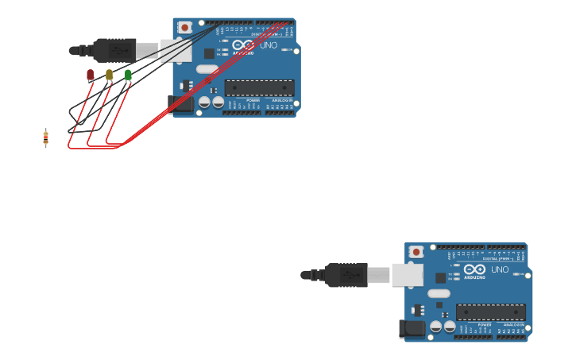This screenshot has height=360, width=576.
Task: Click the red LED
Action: [90, 75]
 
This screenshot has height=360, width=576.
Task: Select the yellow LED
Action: [109, 75]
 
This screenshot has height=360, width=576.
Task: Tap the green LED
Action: [128, 75]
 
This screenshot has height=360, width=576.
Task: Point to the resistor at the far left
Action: [45, 138]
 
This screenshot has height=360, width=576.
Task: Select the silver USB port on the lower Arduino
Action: [407, 275]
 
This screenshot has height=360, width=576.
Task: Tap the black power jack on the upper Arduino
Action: [180, 103]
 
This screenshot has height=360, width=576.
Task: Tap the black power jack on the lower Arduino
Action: [412, 328]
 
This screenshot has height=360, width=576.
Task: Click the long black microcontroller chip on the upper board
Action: [259, 87]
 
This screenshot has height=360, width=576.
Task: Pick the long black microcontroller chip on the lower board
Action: [490, 312]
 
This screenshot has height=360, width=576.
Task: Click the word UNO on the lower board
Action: [500, 269]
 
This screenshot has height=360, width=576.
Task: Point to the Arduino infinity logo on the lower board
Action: [474, 269]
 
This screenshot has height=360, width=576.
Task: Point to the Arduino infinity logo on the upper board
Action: [242, 45]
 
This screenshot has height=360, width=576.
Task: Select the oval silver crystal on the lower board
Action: [439, 292]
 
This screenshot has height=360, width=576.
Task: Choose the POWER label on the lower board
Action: [485, 324]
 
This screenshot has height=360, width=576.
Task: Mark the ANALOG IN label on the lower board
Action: [513, 324]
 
